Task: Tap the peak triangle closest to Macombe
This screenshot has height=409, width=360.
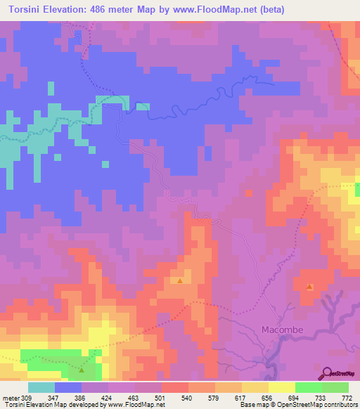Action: click(x=311, y=287)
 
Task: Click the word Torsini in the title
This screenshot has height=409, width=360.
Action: click(x=27, y=10)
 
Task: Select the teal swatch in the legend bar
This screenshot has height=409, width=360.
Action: click(x=41, y=387)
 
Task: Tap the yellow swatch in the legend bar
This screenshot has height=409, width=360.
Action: click(x=282, y=387)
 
